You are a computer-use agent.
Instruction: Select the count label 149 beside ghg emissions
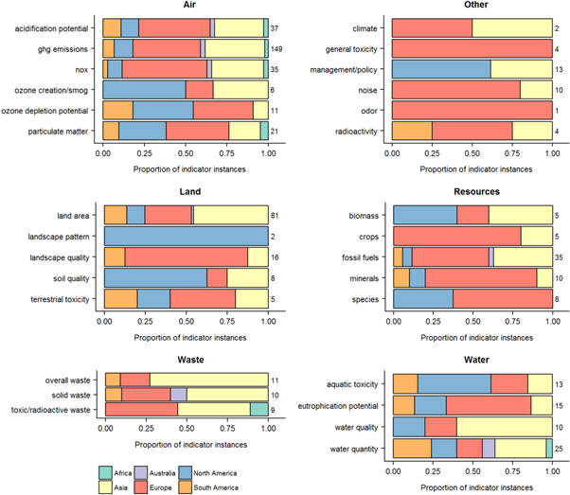coord(276,47)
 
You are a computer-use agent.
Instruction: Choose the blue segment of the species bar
coord(422,300)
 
